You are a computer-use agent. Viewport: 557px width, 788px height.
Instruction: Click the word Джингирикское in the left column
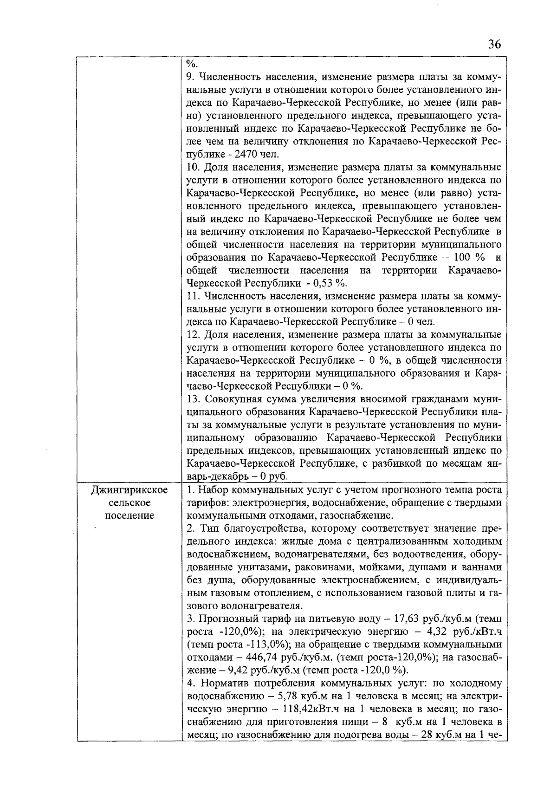click(130, 490)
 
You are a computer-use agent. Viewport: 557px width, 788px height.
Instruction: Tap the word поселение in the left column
click(130, 515)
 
